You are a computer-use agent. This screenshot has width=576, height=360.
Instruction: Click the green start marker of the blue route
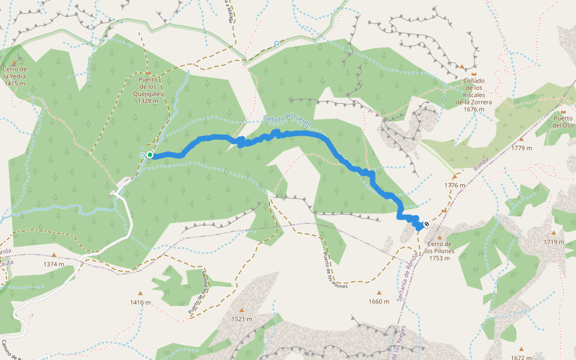pyautogui.click(x=149, y=155)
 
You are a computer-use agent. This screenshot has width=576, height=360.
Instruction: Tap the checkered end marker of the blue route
pyautogui.click(x=426, y=224)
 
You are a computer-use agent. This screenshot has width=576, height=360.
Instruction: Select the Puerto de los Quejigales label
pyautogui.click(x=148, y=90)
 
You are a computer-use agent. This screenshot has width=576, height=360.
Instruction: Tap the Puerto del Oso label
pyautogui.click(x=563, y=122)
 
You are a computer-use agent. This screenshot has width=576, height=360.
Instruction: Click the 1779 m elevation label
pyautogui.click(x=521, y=148)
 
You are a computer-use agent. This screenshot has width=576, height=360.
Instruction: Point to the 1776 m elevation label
pyautogui.click(x=455, y=185)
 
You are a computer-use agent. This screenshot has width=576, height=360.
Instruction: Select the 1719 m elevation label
pyautogui.click(x=554, y=242)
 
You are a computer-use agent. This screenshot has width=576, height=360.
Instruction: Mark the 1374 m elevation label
pyautogui.click(x=53, y=264)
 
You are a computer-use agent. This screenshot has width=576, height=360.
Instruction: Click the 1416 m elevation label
pyautogui.click(x=140, y=302)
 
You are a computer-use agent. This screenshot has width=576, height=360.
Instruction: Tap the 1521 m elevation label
pyautogui.click(x=242, y=319)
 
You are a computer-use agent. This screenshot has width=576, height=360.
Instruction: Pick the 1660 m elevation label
pyautogui.click(x=379, y=301)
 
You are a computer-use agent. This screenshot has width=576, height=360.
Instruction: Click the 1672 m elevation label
pyautogui.click(x=521, y=358)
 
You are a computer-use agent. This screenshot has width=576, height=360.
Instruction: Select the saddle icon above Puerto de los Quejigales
pyautogui.click(x=148, y=73)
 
